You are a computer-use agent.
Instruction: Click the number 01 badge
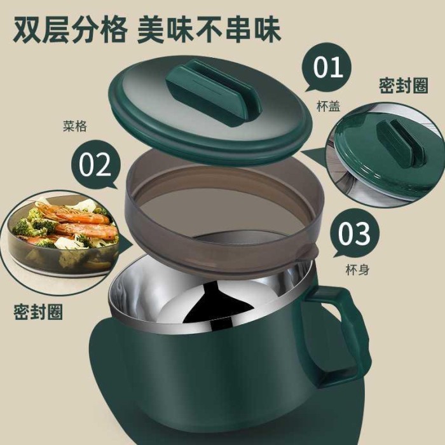tap(329, 68)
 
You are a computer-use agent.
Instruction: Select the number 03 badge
tap(354, 233)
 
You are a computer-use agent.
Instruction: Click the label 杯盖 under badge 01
tap(327, 106)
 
